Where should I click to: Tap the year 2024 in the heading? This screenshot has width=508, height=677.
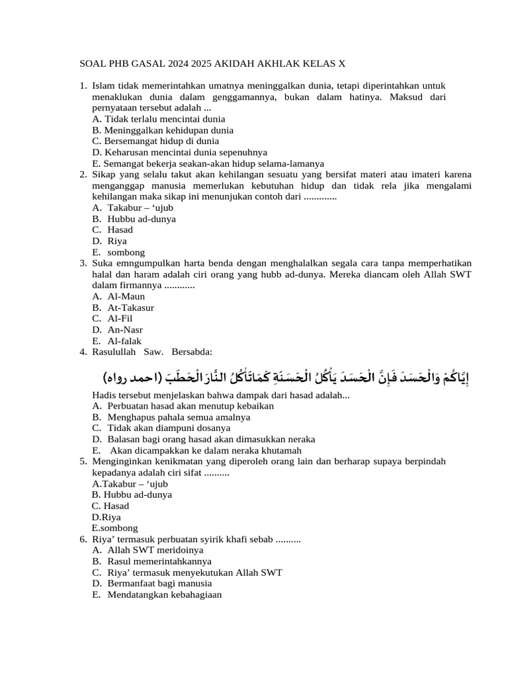[179, 64]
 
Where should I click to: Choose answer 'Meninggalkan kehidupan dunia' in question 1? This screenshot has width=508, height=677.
[163, 130]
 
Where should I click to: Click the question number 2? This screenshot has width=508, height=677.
[83, 175]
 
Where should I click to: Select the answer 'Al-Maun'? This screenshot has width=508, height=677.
[126, 296]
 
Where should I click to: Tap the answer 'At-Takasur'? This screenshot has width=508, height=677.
[130, 307]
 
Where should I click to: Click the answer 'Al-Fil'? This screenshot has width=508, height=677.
[120, 318]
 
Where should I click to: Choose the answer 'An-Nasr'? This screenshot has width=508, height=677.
[125, 329]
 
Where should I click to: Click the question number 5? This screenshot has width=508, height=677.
[83, 461]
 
